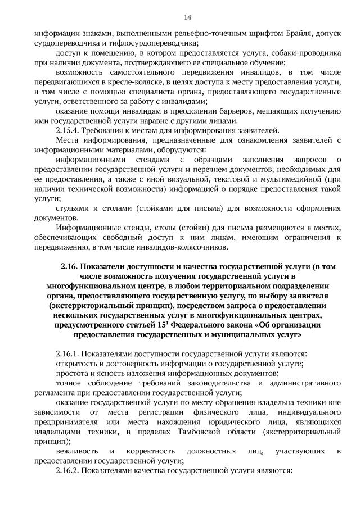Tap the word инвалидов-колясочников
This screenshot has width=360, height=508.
182,247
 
